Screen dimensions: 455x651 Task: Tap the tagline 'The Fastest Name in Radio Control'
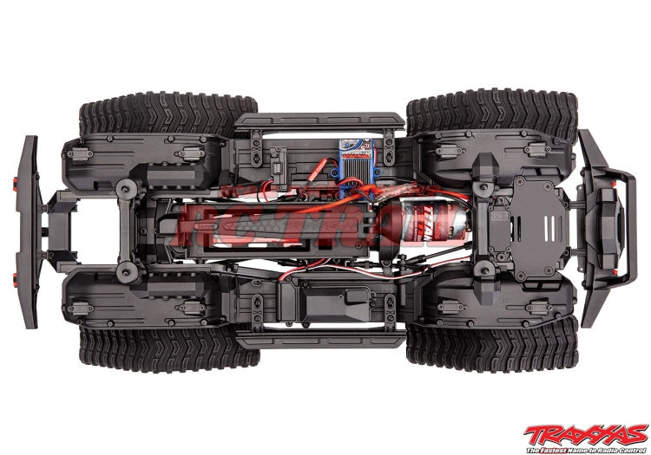(x=590, y=447)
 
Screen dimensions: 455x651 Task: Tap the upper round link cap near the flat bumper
(x=129, y=190)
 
